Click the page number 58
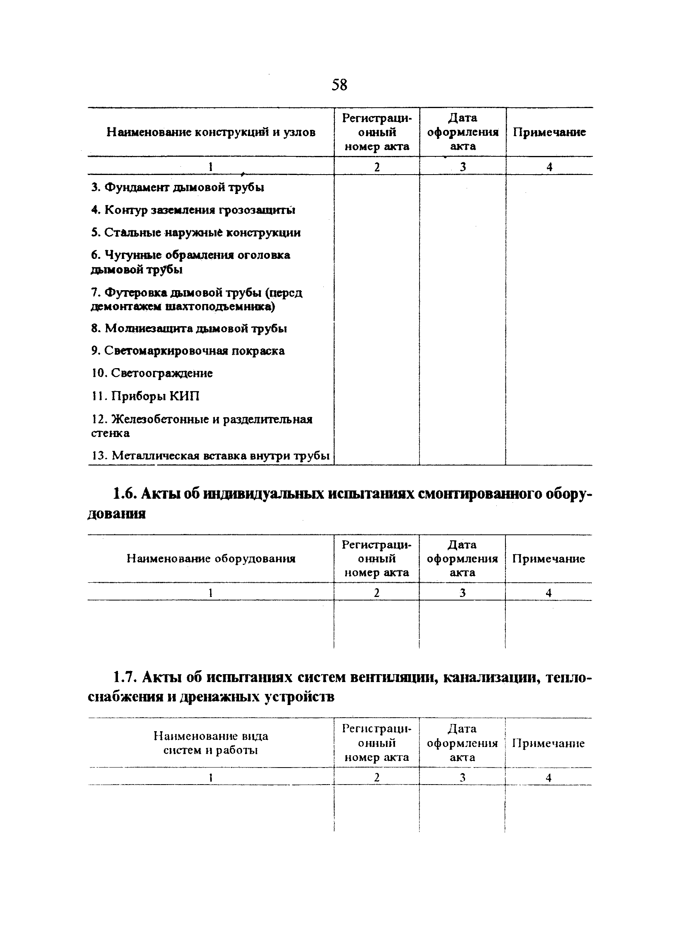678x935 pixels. tap(339, 85)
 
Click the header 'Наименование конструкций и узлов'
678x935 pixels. tap(211, 132)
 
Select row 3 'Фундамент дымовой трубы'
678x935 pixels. tap(178, 188)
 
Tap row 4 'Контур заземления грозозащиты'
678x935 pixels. tap(193, 210)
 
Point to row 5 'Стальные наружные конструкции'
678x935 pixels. tap(196, 233)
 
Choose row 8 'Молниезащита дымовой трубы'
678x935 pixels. tap(189, 329)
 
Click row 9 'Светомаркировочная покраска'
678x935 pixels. tap(188, 351)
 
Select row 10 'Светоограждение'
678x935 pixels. tap(152, 374)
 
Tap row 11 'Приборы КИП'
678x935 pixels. tap(145, 397)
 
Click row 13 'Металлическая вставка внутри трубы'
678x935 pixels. tap(210, 456)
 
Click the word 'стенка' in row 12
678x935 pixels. tap(110, 434)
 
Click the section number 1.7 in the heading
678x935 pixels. tap(125, 677)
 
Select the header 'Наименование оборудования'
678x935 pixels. tap(211, 559)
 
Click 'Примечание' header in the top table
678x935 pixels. tap(549, 132)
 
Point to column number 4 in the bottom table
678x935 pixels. tap(548, 778)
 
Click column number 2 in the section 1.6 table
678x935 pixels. tap(376, 593)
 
